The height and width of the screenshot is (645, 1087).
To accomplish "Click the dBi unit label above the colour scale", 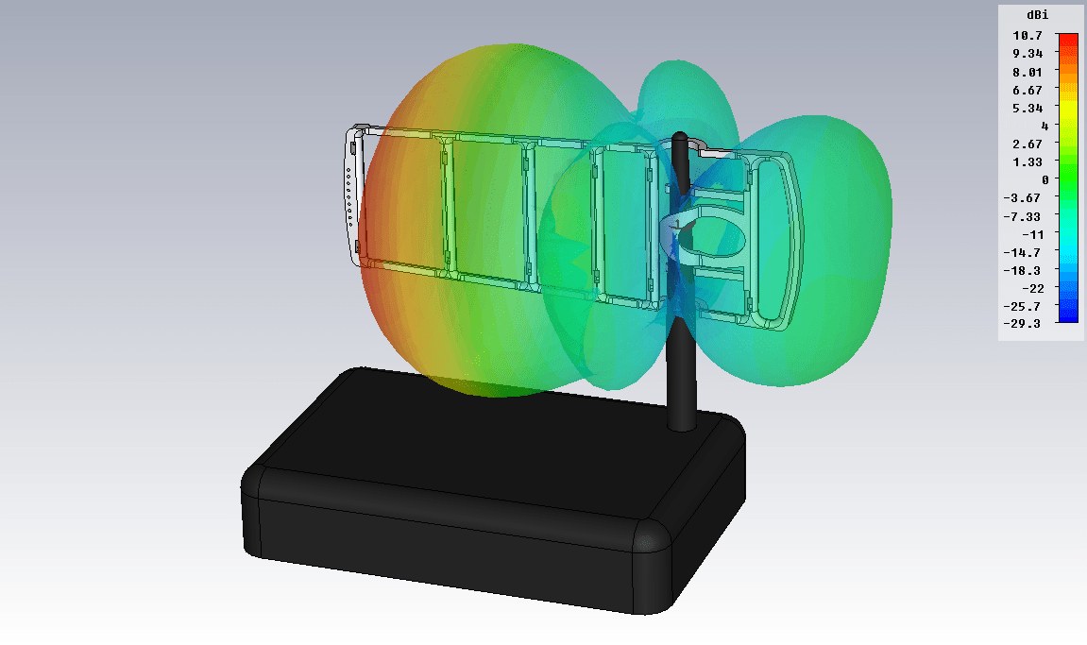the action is point(1037,15).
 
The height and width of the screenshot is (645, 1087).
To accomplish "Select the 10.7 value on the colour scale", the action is point(1028,35).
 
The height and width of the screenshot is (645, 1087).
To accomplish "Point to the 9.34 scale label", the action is point(1028,54).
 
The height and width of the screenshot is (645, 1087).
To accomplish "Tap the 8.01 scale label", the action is point(1028,72).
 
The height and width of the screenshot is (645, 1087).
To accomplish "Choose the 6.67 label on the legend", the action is point(1028,90).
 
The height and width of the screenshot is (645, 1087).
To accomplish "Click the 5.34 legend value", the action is point(1028,109).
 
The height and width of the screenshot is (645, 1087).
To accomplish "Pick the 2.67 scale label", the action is point(1028,144).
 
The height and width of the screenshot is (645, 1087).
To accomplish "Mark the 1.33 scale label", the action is point(1028,162).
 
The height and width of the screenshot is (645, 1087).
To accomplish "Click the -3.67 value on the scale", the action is point(1022,198).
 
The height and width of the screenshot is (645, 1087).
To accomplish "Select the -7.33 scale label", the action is point(1022,217).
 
